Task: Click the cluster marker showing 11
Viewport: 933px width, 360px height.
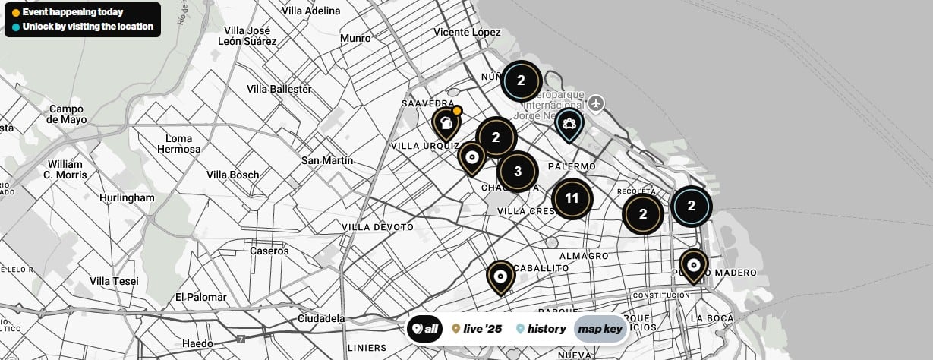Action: point(572,199)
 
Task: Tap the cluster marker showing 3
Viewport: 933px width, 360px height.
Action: point(518,171)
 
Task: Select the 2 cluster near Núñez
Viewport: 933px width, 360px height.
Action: point(521,80)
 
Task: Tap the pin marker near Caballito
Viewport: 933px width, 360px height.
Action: point(500,277)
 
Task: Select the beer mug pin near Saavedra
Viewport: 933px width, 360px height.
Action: point(446,123)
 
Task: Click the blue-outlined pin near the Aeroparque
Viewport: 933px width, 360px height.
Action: point(569,124)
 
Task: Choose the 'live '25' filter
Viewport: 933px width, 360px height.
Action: point(477,329)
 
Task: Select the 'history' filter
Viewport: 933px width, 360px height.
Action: point(541,329)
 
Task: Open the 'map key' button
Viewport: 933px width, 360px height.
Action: point(600,329)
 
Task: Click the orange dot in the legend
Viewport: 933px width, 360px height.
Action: point(16,13)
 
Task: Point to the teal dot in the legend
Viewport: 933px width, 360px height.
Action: point(16,27)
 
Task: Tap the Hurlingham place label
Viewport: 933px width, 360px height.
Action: point(127,197)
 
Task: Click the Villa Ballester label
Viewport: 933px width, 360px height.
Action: point(279,89)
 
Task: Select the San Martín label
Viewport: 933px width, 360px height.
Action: point(327,160)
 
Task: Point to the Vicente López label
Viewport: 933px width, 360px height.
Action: point(467,32)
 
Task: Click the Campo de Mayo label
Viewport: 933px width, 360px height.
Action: point(67,114)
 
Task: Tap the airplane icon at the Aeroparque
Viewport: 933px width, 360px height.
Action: point(597,102)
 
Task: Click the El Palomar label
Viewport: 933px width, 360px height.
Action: point(201,296)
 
